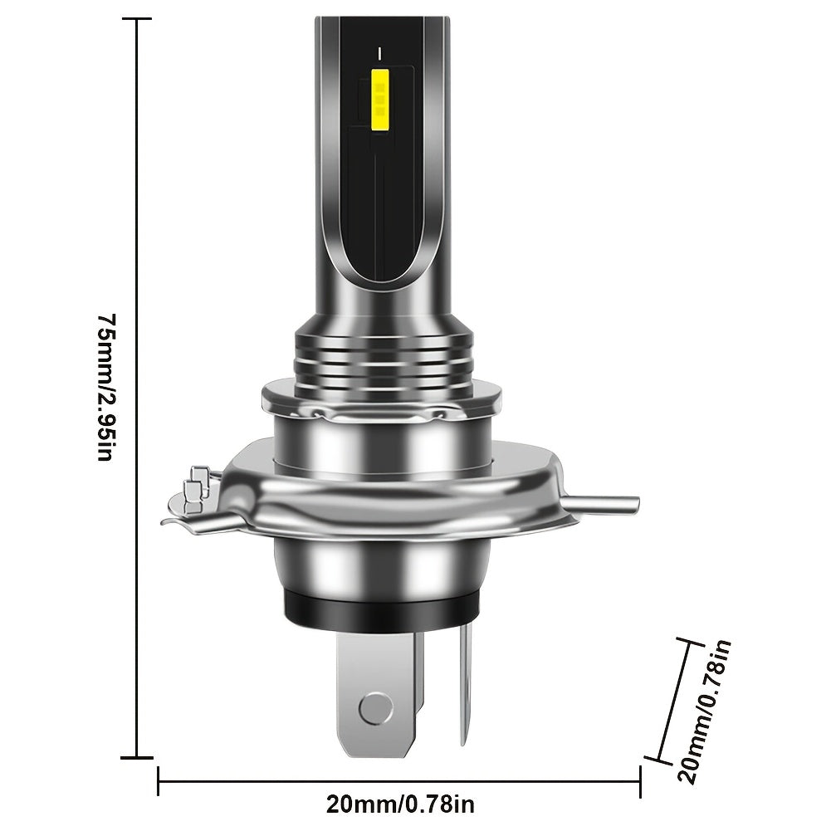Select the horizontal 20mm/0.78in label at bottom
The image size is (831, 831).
(400, 804)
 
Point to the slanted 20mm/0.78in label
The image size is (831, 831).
(705, 711)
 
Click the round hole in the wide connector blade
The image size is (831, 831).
(376, 707)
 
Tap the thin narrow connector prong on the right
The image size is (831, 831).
(464, 684)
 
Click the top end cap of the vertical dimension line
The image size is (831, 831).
(137, 18)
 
